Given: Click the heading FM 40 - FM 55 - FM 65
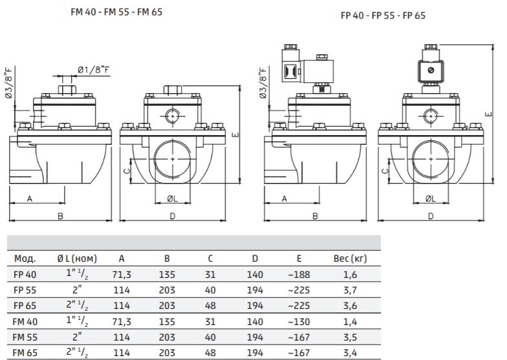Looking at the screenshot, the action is click(116, 12).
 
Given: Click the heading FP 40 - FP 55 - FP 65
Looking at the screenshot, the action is click(383, 16).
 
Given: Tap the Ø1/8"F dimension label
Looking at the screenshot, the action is click(93, 69).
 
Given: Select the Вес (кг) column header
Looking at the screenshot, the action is click(351, 259).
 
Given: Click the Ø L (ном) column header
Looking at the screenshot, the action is click(77, 259).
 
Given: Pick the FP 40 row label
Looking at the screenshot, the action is click(25, 275).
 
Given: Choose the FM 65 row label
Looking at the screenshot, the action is click(25, 353).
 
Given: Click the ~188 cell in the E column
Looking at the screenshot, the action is click(299, 275).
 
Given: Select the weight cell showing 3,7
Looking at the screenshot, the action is click(351, 290).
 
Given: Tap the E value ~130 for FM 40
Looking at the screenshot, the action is click(299, 322).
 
